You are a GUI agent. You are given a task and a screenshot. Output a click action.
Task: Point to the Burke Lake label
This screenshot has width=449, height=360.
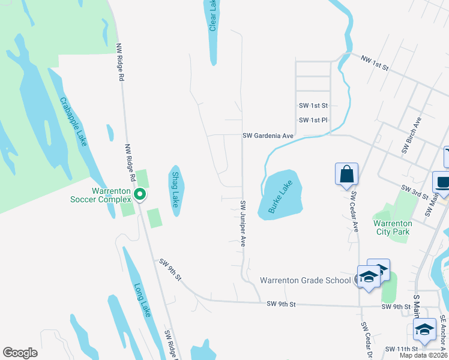tap(280, 197)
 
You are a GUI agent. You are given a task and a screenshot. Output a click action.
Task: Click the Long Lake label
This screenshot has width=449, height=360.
tap(142, 301)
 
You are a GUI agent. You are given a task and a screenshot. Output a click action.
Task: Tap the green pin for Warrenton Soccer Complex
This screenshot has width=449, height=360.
tap(140, 194)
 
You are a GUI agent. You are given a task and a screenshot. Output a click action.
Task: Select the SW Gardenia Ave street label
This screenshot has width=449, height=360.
tap(268, 136)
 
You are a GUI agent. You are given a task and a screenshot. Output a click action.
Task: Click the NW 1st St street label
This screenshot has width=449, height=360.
tap(375, 63)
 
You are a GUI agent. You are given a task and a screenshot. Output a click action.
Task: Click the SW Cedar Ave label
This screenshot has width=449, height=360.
tap(354, 212)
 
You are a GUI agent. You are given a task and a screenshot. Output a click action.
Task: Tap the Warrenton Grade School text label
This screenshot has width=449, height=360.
tap(305, 280)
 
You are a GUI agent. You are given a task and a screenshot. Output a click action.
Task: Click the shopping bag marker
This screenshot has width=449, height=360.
tap(347, 174)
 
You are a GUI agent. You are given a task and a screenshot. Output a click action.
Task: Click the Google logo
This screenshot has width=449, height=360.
tap(20, 353)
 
